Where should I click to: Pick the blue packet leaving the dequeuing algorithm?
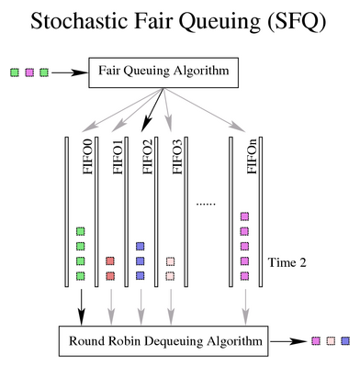coord(344,341)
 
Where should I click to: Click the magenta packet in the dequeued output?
coord(316,341)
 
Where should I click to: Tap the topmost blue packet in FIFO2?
coord(140,247)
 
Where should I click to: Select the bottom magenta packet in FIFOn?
coord(244,275)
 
